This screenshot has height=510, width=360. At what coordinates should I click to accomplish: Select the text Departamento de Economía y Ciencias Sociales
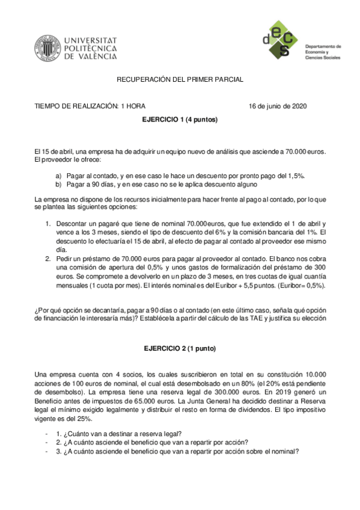(x=323, y=52)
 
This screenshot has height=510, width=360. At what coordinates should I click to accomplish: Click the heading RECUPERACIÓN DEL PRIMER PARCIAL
(x=180, y=80)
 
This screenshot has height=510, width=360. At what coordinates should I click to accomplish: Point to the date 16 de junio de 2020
(x=278, y=106)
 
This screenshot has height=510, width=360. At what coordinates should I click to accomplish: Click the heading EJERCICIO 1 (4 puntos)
(x=180, y=120)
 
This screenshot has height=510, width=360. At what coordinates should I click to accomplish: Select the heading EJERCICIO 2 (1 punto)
(x=180, y=349)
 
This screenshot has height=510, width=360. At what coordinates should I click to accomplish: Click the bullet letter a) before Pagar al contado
(x=58, y=176)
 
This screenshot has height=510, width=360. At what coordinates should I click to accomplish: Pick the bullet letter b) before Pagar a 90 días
(x=58, y=183)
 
